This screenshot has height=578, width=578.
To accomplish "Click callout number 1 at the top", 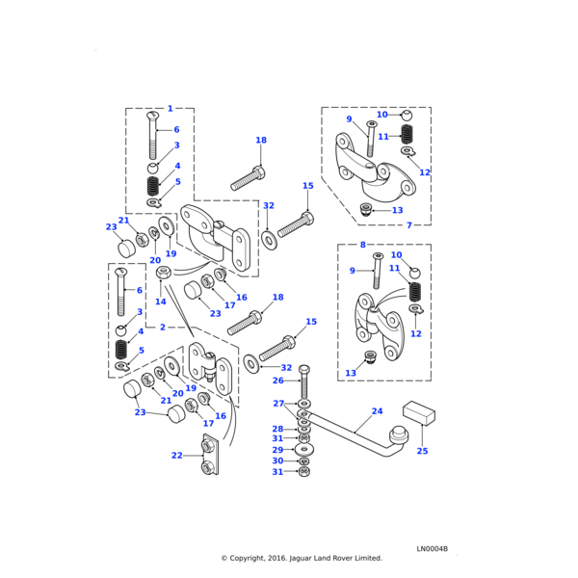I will (x=171, y=109).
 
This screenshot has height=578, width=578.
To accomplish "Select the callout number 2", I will (x=163, y=328).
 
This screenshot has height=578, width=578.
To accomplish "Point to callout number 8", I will (x=362, y=245).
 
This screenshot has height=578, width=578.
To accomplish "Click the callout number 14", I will (x=161, y=302).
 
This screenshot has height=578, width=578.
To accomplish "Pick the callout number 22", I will (x=176, y=456).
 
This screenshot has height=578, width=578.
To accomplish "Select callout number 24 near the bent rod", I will (x=377, y=410).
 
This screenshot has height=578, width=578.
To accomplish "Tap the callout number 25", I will (x=422, y=451).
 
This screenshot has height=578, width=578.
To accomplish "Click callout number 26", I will (x=278, y=381).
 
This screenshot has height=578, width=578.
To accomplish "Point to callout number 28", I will (x=277, y=429).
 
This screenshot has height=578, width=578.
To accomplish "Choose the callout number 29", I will (x=277, y=450).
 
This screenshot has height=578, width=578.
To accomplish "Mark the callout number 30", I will (x=277, y=461).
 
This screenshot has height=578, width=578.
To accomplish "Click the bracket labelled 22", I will (x=208, y=457).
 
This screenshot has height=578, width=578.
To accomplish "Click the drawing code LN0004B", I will (x=433, y=549).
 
